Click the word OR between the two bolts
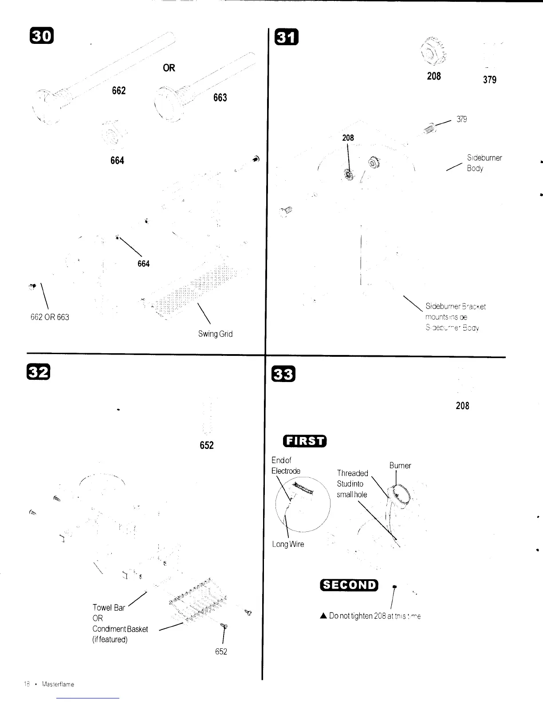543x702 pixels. pyautogui.click(x=169, y=68)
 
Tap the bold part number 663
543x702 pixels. pyautogui.click(x=220, y=97)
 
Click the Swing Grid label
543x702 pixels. pyautogui.click(x=215, y=334)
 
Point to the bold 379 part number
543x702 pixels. pyautogui.click(x=489, y=80)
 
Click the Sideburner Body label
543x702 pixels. pyautogui.click(x=484, y=163)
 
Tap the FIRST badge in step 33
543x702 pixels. pyautogui.click(x=305, y=441)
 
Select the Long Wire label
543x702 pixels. pyautogui.click(x=288, y=544)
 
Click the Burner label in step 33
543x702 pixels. pyautogui.click(x=400, y=465)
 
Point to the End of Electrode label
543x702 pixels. pyautogui.click(x=286, y=465)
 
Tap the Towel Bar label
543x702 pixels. pyautogui.click(x=109, y=608)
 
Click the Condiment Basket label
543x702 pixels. pyautogui.click(x=120, y=629)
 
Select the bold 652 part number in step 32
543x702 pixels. pyautogui.click(x=207, y=445)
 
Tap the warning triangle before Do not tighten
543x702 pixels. pyautogui.click(x=323, y=616)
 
